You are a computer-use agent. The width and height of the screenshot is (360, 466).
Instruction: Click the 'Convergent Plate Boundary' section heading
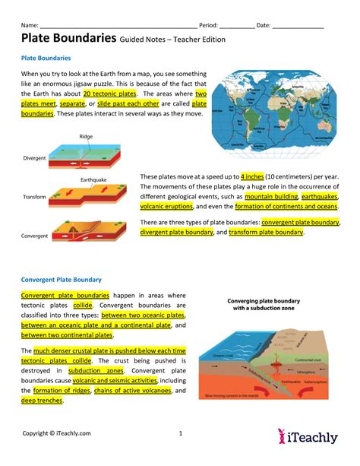point(62,279)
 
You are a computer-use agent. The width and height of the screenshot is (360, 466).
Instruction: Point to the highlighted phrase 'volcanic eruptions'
point(167,205)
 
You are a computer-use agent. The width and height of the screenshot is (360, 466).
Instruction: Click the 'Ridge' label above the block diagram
point(86,137)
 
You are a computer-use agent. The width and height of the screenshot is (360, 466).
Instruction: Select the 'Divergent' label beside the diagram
point(34,160)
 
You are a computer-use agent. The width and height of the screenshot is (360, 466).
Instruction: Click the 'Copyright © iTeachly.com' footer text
point(57,433)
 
